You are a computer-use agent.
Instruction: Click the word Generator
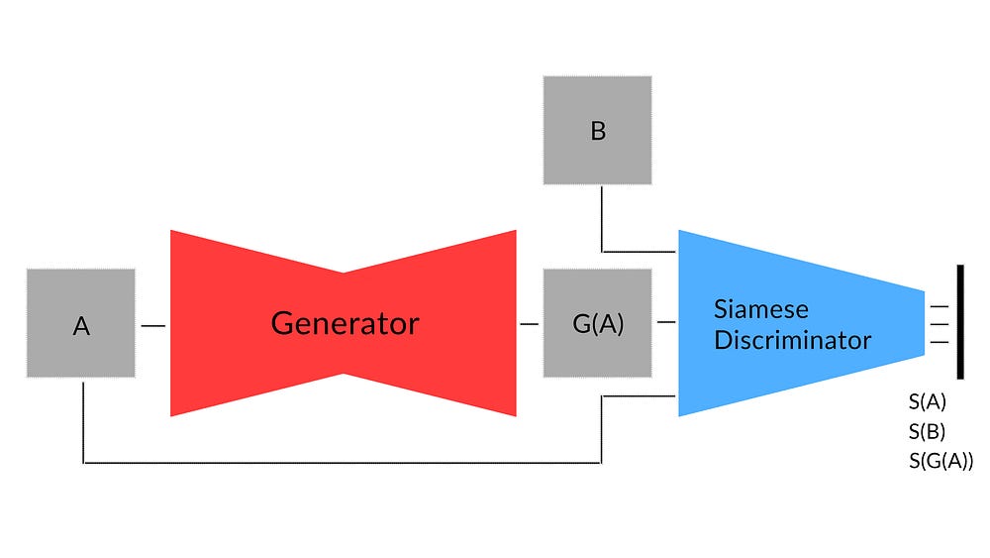(x=345, y=323)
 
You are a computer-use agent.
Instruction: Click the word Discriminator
(x=792, y=340)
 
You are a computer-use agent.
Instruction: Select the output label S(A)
(x=928, y=402)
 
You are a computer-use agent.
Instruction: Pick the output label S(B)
(x=927, y=431)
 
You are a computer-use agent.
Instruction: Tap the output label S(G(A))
(x=940, y=460)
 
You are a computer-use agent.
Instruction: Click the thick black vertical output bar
(x=959, y=322)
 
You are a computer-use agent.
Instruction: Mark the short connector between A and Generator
(x=152, y=324)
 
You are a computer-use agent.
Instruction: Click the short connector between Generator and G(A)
(x=529, y=324)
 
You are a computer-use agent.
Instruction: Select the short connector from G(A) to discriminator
(x=664, y=322)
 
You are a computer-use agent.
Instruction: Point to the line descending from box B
(x=602, y=218)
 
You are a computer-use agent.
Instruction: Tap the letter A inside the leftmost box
(x=81, y=326)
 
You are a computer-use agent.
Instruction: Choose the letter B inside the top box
(x=597, y=131)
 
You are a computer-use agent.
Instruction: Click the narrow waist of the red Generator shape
(x=344, y=323)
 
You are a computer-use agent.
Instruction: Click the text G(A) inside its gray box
(x=598, y=324)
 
